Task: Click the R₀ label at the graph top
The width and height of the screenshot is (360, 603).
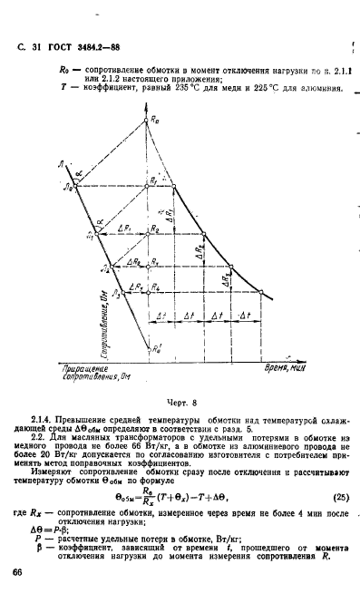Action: click(155, 122)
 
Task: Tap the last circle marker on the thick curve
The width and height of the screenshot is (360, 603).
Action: click(261, 292)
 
